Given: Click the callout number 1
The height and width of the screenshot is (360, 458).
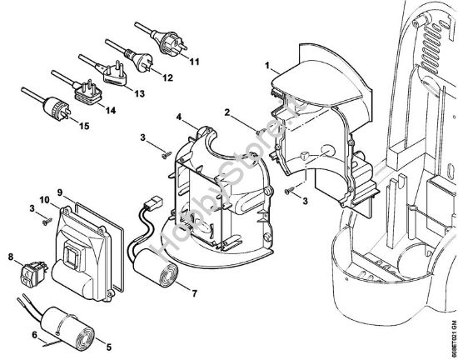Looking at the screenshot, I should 266,64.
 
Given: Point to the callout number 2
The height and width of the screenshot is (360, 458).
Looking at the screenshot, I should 227,112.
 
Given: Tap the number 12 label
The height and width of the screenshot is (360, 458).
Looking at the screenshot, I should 168,77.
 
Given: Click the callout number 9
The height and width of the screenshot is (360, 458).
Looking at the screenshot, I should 59,191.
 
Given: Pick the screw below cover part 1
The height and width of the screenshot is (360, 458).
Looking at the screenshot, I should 290,192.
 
